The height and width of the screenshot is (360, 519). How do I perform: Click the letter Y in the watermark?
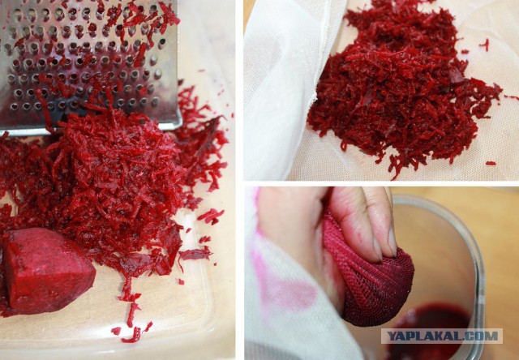tap(391, 336)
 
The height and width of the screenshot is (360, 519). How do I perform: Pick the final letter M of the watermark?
tap(492, 336)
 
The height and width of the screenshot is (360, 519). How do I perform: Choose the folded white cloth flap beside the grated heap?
tap(281, 89)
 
